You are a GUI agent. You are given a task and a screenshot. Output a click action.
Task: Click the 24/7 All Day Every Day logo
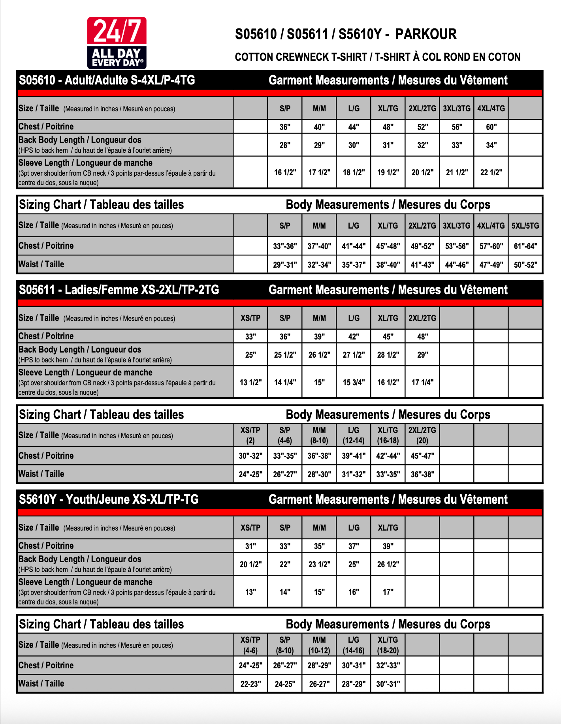(117, 43)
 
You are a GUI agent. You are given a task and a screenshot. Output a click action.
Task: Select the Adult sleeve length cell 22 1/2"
(491, 173)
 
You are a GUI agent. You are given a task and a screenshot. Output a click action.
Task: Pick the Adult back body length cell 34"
(491, 145)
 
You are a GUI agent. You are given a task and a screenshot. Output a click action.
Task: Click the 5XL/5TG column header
(525, 226)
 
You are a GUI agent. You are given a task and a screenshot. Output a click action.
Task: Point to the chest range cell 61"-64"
(525, 246)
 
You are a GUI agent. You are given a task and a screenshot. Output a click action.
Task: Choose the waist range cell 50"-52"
(525, 265)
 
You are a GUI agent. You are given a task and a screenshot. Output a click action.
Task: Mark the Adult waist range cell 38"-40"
(388, 265)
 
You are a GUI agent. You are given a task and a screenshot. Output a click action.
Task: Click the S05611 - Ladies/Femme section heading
(119, 290)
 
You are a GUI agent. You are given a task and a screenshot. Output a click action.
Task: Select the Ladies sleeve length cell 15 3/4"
(354, 383)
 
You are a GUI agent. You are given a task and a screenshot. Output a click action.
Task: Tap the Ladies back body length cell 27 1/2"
(354, 355)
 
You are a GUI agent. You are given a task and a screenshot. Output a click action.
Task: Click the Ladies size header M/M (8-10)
(319, 435)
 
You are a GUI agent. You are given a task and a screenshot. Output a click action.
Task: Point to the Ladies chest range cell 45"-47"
(422, 456)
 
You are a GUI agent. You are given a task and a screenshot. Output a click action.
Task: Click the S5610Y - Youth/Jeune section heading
(109, 500)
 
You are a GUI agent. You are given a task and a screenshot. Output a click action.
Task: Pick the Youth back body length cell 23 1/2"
(319, 565)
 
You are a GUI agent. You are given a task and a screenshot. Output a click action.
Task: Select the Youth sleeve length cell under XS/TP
(250, 592)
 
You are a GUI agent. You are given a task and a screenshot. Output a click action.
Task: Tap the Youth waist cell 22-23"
(250, 684)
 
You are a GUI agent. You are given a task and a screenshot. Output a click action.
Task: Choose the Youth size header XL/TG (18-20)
(388, 645)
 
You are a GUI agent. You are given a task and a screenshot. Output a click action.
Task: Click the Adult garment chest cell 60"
(491, 127)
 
